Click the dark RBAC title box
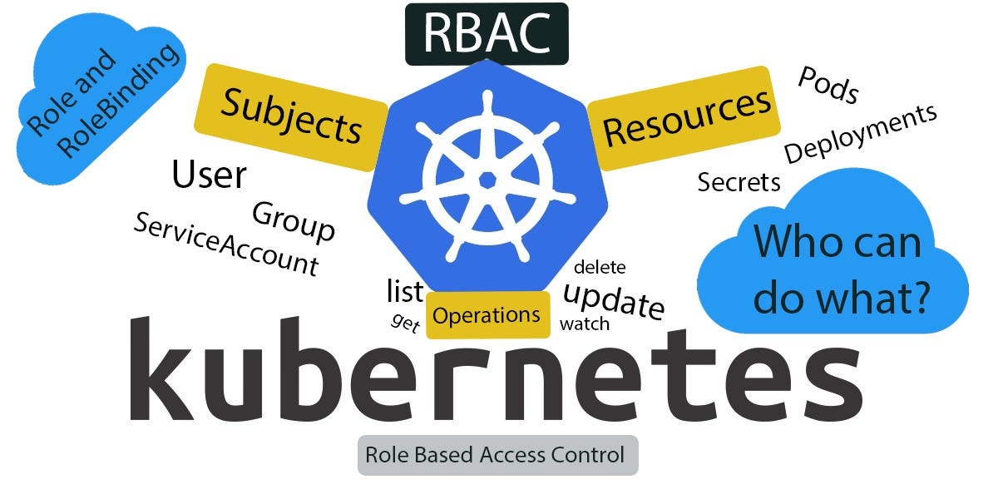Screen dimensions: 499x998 487,32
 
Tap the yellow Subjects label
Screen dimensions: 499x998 291,116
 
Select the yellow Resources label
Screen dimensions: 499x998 686,118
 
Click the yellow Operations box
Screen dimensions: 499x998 487,315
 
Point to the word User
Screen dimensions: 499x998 209,175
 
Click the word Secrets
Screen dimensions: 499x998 739,181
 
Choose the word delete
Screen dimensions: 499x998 600,267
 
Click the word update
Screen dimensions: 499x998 614,300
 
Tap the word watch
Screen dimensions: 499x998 585,324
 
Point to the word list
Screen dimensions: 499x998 405,291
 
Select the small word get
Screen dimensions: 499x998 405,323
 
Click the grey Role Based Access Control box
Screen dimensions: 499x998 497,455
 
